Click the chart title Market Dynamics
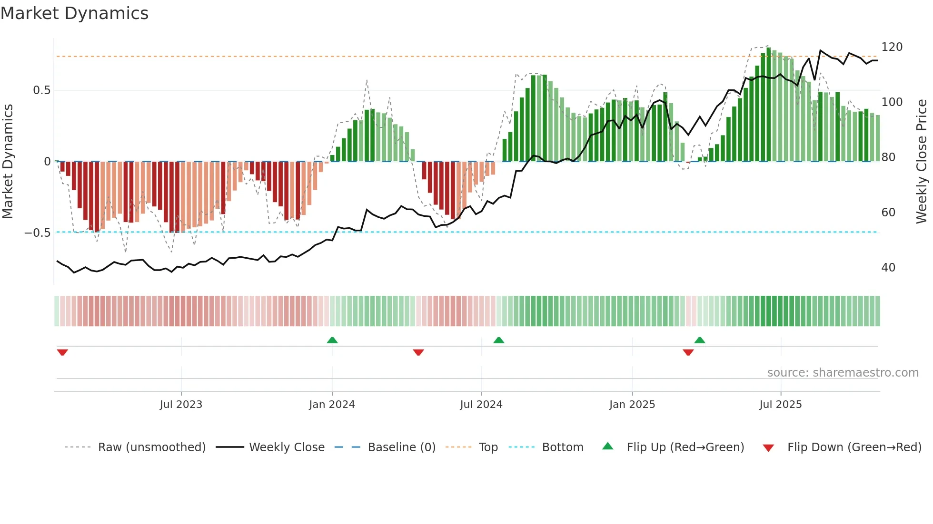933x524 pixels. point(74,13)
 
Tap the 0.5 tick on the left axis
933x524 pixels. point(41,90)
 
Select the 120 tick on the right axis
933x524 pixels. point(892,47)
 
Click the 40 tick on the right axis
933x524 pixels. point(888,267)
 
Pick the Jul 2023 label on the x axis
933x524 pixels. point(181,405)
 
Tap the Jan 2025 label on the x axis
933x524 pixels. point(632,405)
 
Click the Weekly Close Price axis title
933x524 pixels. point(922,162)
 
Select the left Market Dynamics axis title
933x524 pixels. point(8,162)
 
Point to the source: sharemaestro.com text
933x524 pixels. point(843,373)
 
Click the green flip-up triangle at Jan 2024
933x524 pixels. point(332,340)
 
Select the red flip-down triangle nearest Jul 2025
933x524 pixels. point(688,352)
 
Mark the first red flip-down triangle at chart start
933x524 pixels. point(62,352)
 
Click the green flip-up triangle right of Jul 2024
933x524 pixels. point(498,340)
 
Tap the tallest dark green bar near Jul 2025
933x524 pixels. point(768,105)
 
